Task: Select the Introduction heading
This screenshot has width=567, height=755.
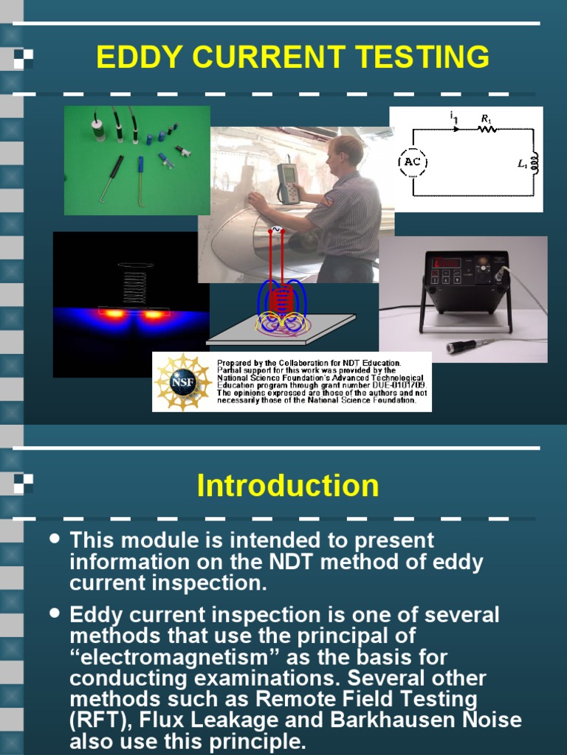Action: (x=288, y=486)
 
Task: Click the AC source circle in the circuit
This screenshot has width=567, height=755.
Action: (x=413, y=162)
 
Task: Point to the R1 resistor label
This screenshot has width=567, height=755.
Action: (x=486, y=118)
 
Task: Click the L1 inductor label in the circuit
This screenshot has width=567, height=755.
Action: (x=523, y=164)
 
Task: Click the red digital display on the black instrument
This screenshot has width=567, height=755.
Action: (x=447, y=263)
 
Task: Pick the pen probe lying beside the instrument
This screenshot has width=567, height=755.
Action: (x=473, y=344)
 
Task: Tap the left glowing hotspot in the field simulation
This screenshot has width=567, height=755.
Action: (x=114, y=313)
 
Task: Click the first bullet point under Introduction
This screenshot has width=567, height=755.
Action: (x=54, y=540)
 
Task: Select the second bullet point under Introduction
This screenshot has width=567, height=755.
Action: (x=54, y=613)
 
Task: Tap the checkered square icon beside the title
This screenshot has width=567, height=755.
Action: (x=23, y=58)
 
